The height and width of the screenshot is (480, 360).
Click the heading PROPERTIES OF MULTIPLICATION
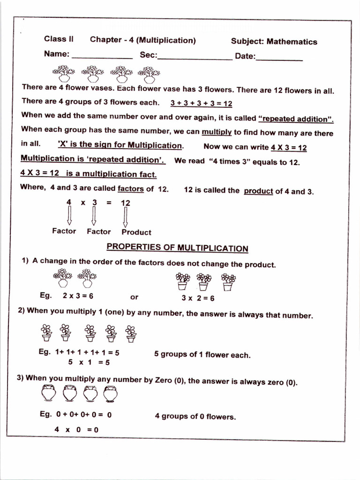pyautogui.click(x=177, y=247)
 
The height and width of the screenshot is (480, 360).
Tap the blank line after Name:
pyautogui.click(x=102, y=57)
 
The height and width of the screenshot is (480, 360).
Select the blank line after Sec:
pyautogui.click(x=195, y=59)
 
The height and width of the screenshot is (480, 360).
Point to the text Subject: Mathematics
pyautogui.click(x=274, y=42)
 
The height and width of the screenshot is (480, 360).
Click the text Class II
pyautogui.click(x=59, y=39)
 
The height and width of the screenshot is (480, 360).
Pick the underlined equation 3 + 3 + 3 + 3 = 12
pyautogui.click(x=202, y=103)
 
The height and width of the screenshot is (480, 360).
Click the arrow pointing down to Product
pyautogui.click(x=125, y=217)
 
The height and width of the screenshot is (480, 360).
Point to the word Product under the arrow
pyautogui.click(x=136, y=232)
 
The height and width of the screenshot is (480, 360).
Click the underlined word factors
pyautogui.click(x=131, y=189)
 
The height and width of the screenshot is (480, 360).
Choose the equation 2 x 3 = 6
pyautogui.click(x=78, y=296)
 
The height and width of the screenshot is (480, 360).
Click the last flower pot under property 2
pyautogui.click(x=131, y=333)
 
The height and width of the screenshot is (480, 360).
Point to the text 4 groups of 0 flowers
pyautogui.click(x=195, y=416)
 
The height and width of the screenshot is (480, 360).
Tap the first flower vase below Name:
pyautogui.click(x=64, y=74)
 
